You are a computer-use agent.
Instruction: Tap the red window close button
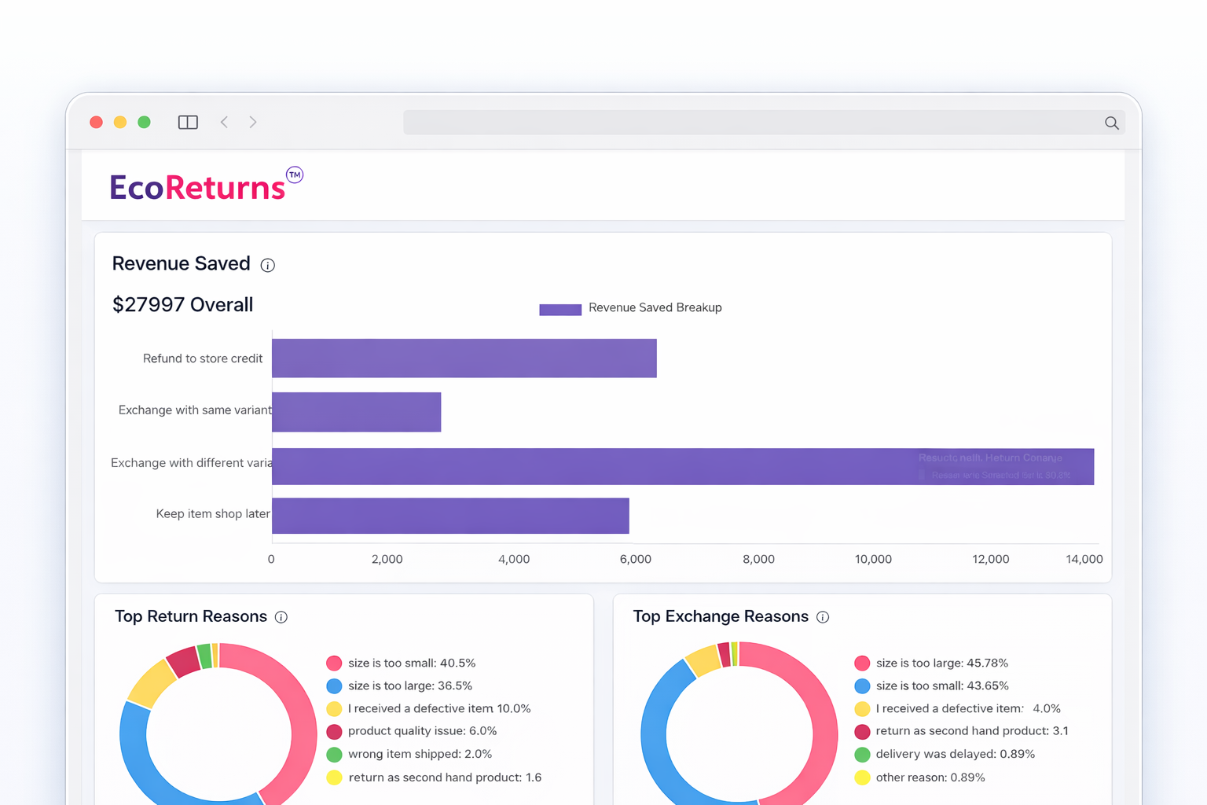click(x=97, y=122)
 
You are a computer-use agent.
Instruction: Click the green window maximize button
click(x=144, y=122)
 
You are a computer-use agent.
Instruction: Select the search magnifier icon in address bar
click(x=1111, y=123)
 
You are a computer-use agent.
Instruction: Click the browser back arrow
click(x=225, y=122)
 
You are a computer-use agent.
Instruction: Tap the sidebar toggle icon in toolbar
click(x=188, y=122)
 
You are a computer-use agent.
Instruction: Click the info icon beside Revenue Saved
click(x=268, y=265)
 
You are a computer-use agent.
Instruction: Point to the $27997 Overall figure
click(x=182, y=305)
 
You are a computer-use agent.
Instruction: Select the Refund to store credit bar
click(x=464, y=358)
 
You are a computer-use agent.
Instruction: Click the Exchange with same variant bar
click(x=356, y=412)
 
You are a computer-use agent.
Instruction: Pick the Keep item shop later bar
click(x=450, y=516)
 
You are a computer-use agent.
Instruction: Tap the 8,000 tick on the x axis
click(x=758, y=559)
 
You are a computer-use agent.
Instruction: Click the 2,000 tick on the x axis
click(x=387, y=559)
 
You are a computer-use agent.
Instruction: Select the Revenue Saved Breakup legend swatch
click(x=559, y=309)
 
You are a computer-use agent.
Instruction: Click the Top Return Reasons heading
click(x=191, y=616)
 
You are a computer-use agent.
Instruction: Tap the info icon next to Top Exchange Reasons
click(x=823, y=617)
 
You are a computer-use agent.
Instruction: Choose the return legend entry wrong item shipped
click(x=420, y=754)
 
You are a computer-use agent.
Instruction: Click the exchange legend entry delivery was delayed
click(x=955, y=754)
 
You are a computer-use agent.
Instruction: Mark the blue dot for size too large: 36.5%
click(x=334, y=686)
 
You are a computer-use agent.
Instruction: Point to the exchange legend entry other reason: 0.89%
click(x=930, y=777)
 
